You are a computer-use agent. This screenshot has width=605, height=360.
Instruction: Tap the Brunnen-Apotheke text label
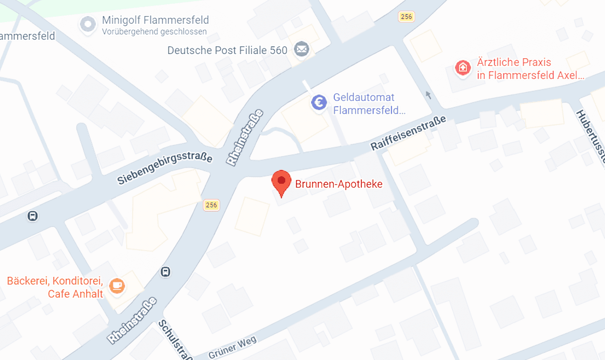click(339, 184)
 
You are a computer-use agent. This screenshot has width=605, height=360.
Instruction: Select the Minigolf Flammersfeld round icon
click(87, 24)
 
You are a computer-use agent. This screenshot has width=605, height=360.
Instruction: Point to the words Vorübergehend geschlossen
click(154, 32)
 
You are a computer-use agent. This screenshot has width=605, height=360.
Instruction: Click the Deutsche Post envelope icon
click(301, 50)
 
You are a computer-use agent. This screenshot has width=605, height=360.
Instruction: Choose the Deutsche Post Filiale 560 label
click(227, 51)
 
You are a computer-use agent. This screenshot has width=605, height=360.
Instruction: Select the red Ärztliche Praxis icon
click(462, 68)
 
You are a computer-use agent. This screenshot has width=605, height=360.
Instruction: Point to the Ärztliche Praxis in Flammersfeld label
click(530, 69)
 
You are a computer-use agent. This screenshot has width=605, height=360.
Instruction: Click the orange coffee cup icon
click(117, 286)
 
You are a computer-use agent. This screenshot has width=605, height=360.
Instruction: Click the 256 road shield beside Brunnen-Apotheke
click(211, 205)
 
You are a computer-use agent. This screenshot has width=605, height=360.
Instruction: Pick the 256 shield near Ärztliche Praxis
click(406, 17)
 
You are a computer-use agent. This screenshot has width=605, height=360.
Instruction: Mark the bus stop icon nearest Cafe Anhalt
click(166, 272)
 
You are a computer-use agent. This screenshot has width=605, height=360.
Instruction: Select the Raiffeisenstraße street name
click(408, 133)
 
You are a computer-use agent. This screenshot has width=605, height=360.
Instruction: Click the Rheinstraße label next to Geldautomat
click(245, 137)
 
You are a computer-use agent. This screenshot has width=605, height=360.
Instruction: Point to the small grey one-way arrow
click(429, 95)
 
